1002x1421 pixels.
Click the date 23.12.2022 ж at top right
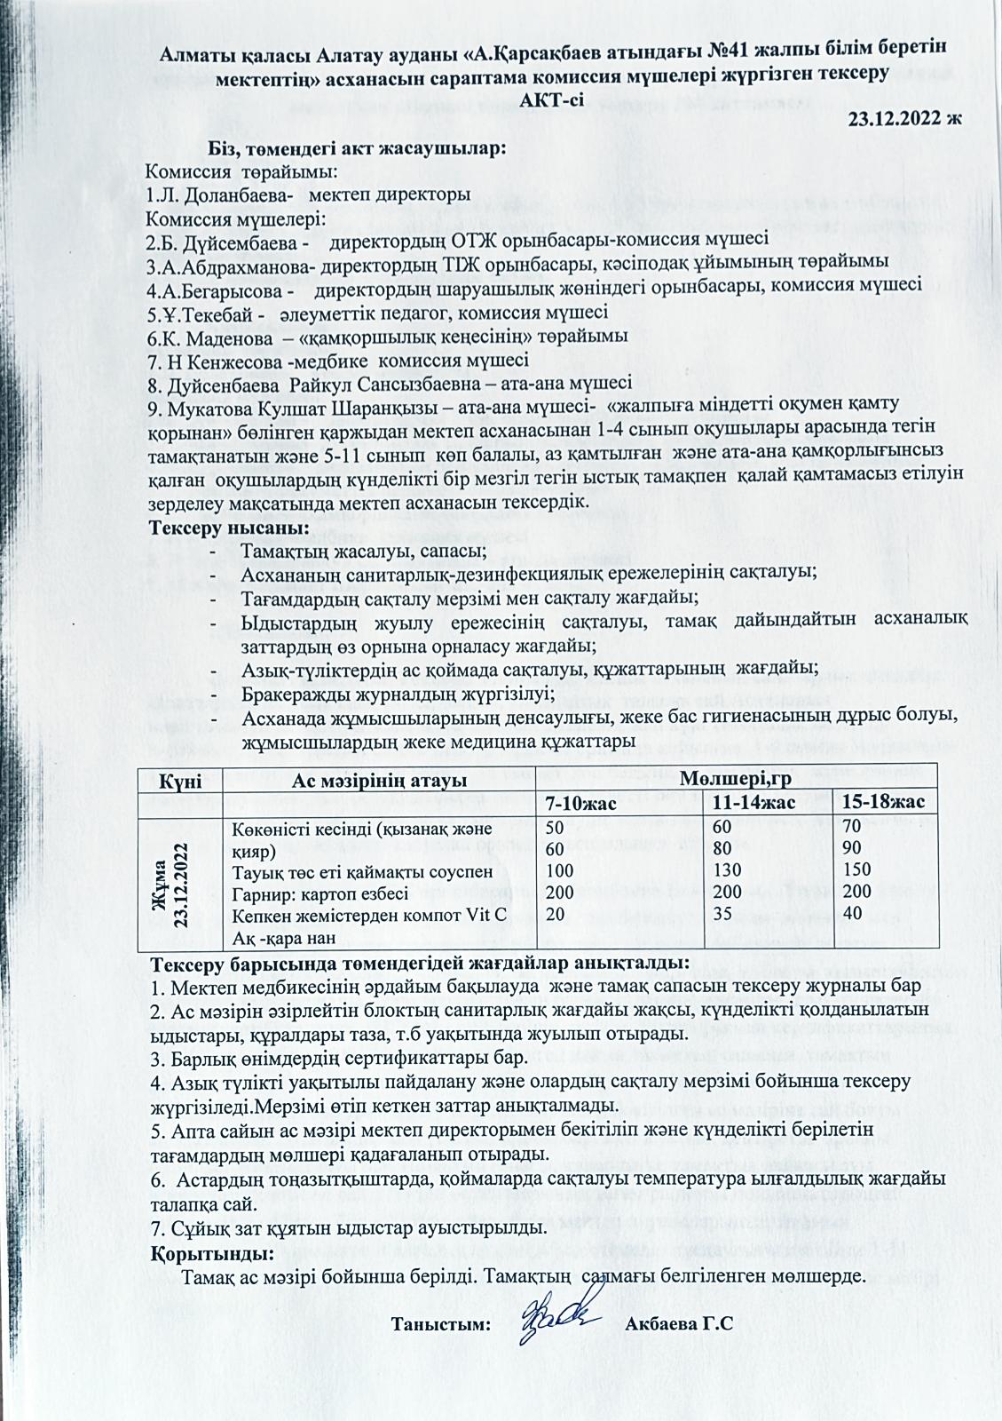tap(905, 118)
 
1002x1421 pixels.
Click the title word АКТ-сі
tap(551, 98)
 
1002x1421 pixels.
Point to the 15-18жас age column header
tap(884, 802)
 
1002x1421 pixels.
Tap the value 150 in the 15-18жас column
tap(857, 870)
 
